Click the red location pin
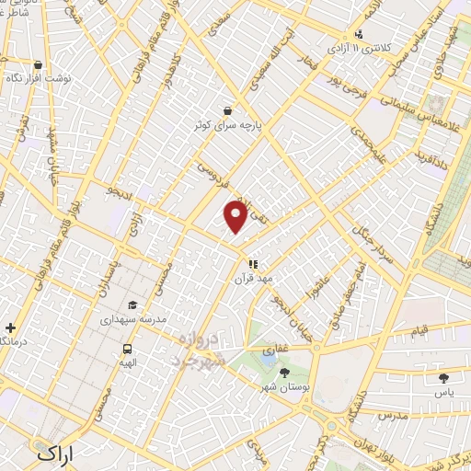point(236,217)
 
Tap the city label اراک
point(56,454)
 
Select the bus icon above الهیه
point(127,350)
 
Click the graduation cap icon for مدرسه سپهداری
point(132,305)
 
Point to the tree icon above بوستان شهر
point(283,373)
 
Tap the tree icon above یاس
point(444,377)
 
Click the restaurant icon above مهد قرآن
point(253,264)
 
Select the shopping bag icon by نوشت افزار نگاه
point(38,65)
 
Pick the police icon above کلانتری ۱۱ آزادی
point(358,33)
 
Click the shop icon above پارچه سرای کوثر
point(226,110)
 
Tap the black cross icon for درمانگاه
point(10,327)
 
